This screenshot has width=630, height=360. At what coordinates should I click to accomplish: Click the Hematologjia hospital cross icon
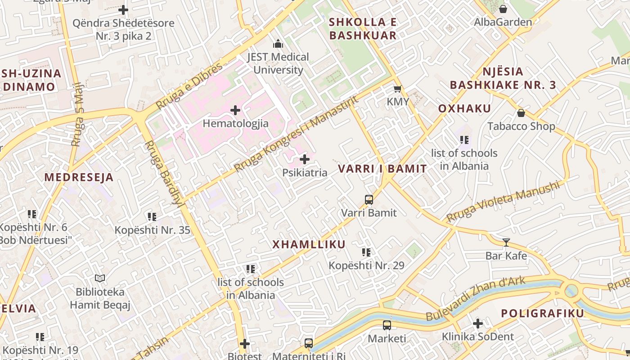235,110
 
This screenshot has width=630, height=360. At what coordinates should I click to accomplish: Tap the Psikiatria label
305,173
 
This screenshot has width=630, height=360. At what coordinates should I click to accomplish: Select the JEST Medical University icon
278,44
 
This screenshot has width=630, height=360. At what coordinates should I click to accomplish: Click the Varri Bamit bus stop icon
369,199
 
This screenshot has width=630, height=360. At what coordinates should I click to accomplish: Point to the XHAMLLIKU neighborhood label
309,244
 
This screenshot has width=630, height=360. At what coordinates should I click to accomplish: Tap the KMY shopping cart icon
397,89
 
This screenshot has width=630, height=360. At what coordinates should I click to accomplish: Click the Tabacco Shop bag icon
521,112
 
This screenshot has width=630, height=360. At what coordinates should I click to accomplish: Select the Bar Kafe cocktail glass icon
506,243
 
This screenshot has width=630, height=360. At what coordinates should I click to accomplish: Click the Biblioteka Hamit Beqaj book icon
100,279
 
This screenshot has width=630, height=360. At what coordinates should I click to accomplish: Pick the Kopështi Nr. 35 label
152,230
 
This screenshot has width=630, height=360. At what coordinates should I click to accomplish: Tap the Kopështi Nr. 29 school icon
366,252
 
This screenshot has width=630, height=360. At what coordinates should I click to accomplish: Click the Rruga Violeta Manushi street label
503,201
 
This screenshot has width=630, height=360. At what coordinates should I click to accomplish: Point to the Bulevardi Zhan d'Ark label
475,299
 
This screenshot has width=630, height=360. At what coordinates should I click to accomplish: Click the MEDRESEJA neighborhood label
79,177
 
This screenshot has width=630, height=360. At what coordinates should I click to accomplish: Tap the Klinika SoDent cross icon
478,324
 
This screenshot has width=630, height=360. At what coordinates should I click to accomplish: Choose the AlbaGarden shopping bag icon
503,9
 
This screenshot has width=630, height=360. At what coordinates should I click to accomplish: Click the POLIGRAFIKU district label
542,313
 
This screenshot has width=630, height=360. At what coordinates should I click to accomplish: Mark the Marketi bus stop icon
387,325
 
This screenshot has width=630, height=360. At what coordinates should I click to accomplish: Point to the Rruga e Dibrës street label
189,86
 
